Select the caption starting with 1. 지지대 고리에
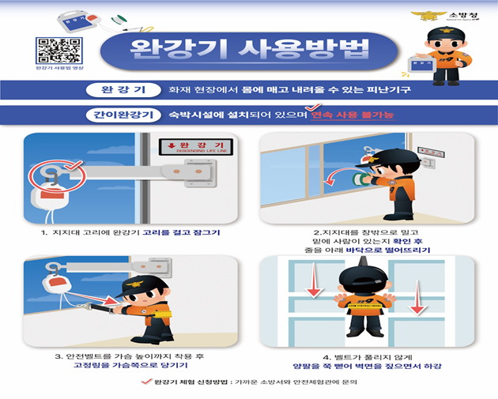coord(130,235)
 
